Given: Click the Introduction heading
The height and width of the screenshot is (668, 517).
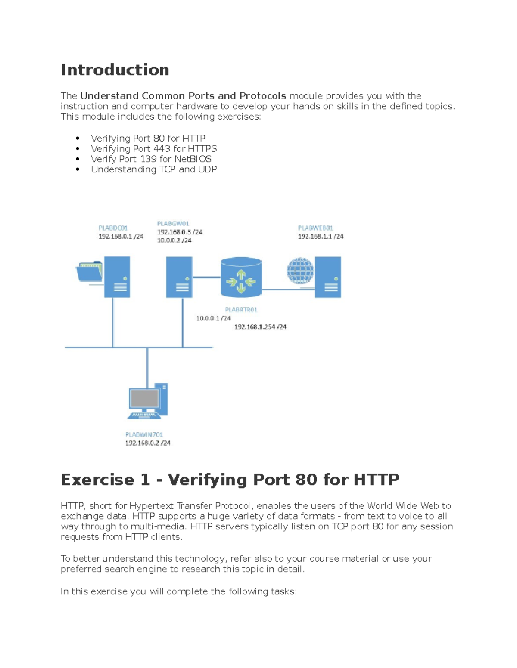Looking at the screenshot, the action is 115,70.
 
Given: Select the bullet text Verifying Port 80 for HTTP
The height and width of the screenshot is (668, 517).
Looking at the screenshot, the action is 148,139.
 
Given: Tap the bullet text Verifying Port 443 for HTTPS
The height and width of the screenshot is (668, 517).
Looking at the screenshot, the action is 154,149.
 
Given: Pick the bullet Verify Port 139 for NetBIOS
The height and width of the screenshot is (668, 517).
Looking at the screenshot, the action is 151,159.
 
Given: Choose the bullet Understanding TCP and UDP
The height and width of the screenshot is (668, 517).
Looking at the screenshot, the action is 154,169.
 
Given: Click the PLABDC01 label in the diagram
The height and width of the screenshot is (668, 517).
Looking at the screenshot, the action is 113,228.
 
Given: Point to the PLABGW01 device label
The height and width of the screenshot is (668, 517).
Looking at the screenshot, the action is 173,224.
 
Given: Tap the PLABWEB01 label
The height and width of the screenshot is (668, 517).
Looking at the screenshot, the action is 315,228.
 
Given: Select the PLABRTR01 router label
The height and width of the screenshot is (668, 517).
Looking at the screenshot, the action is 241,310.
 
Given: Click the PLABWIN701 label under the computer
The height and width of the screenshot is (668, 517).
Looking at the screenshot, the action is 144,435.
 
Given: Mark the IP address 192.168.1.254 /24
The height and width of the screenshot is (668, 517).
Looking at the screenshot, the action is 260,327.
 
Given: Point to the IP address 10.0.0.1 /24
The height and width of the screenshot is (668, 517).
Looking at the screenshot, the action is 214,318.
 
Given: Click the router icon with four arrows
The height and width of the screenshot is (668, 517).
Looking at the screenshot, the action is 241,278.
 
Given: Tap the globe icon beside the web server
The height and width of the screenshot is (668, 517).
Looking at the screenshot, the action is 300,271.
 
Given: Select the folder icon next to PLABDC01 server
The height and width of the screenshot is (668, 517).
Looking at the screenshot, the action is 89,271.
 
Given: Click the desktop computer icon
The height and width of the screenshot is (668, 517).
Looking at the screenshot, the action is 148,401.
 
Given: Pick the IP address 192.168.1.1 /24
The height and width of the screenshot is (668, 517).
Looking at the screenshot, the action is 321,237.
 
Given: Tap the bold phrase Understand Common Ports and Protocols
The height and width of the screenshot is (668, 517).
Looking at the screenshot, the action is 183,96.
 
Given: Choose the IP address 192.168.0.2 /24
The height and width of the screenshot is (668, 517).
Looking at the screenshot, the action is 148,443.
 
